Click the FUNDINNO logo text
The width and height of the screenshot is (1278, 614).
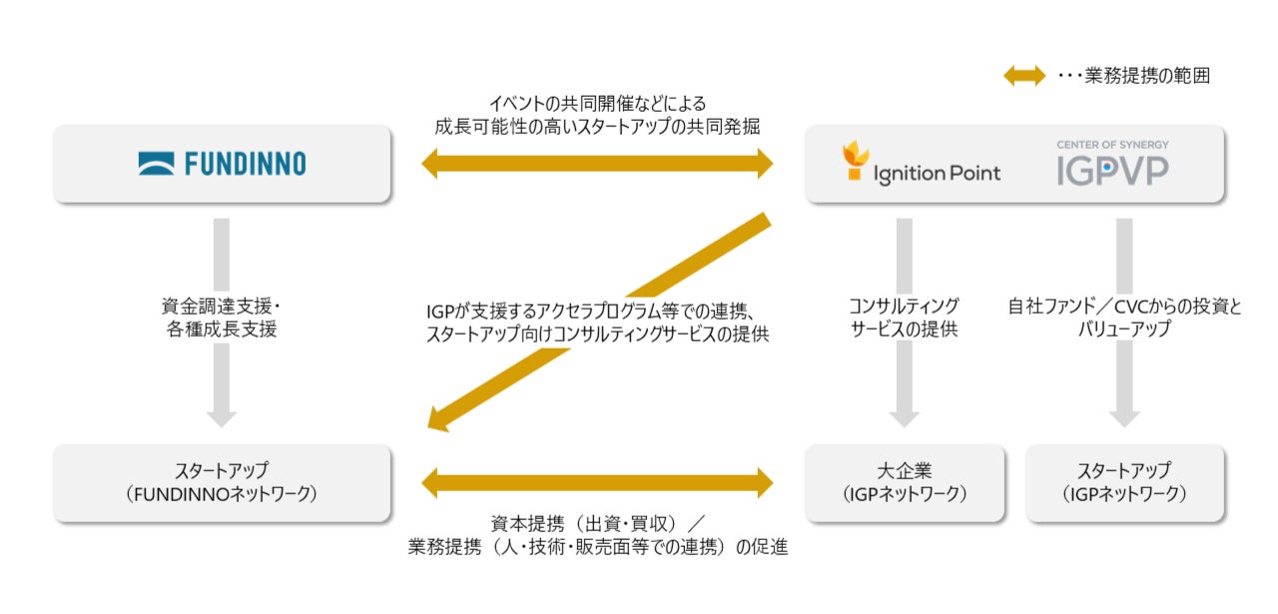point(246,164)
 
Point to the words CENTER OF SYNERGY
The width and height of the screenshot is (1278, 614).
point(1112,145)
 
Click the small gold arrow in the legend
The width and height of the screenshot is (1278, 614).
point(1024,76)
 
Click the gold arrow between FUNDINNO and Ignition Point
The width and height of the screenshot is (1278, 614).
point(597,163)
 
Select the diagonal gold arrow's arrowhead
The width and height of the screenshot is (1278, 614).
point(440,418)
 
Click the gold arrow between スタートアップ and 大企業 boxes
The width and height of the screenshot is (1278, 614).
point(597,483)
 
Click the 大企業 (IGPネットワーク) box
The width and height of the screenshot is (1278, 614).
point(905,482)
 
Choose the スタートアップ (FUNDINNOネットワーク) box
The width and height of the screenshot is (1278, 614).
point(222,482)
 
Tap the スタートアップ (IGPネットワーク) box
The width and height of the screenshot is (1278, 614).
point(1124,482)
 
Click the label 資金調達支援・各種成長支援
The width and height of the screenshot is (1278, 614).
point(222,316)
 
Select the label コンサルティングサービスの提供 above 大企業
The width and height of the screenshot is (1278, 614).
point(904,316)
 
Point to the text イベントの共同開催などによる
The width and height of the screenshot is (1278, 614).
point(597,103)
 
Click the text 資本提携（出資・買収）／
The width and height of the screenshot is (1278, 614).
point(597,523)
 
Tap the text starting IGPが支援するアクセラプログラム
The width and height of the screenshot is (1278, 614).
point(597,312)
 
